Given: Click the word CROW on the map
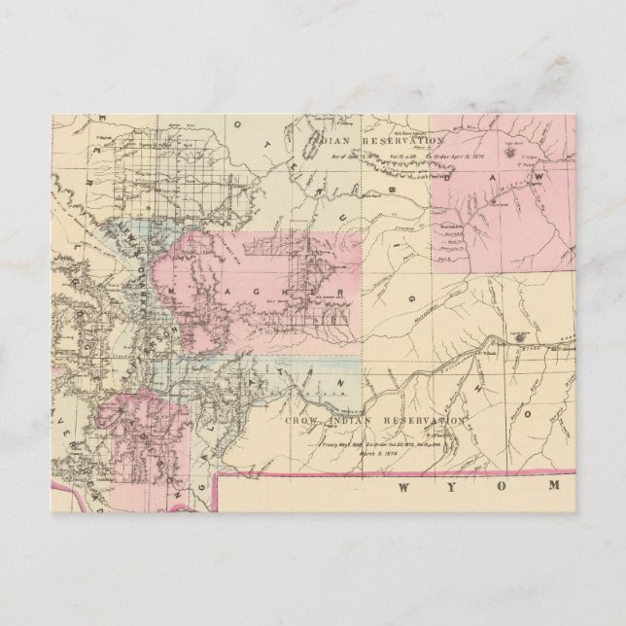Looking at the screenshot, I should [x=304, y=420].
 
